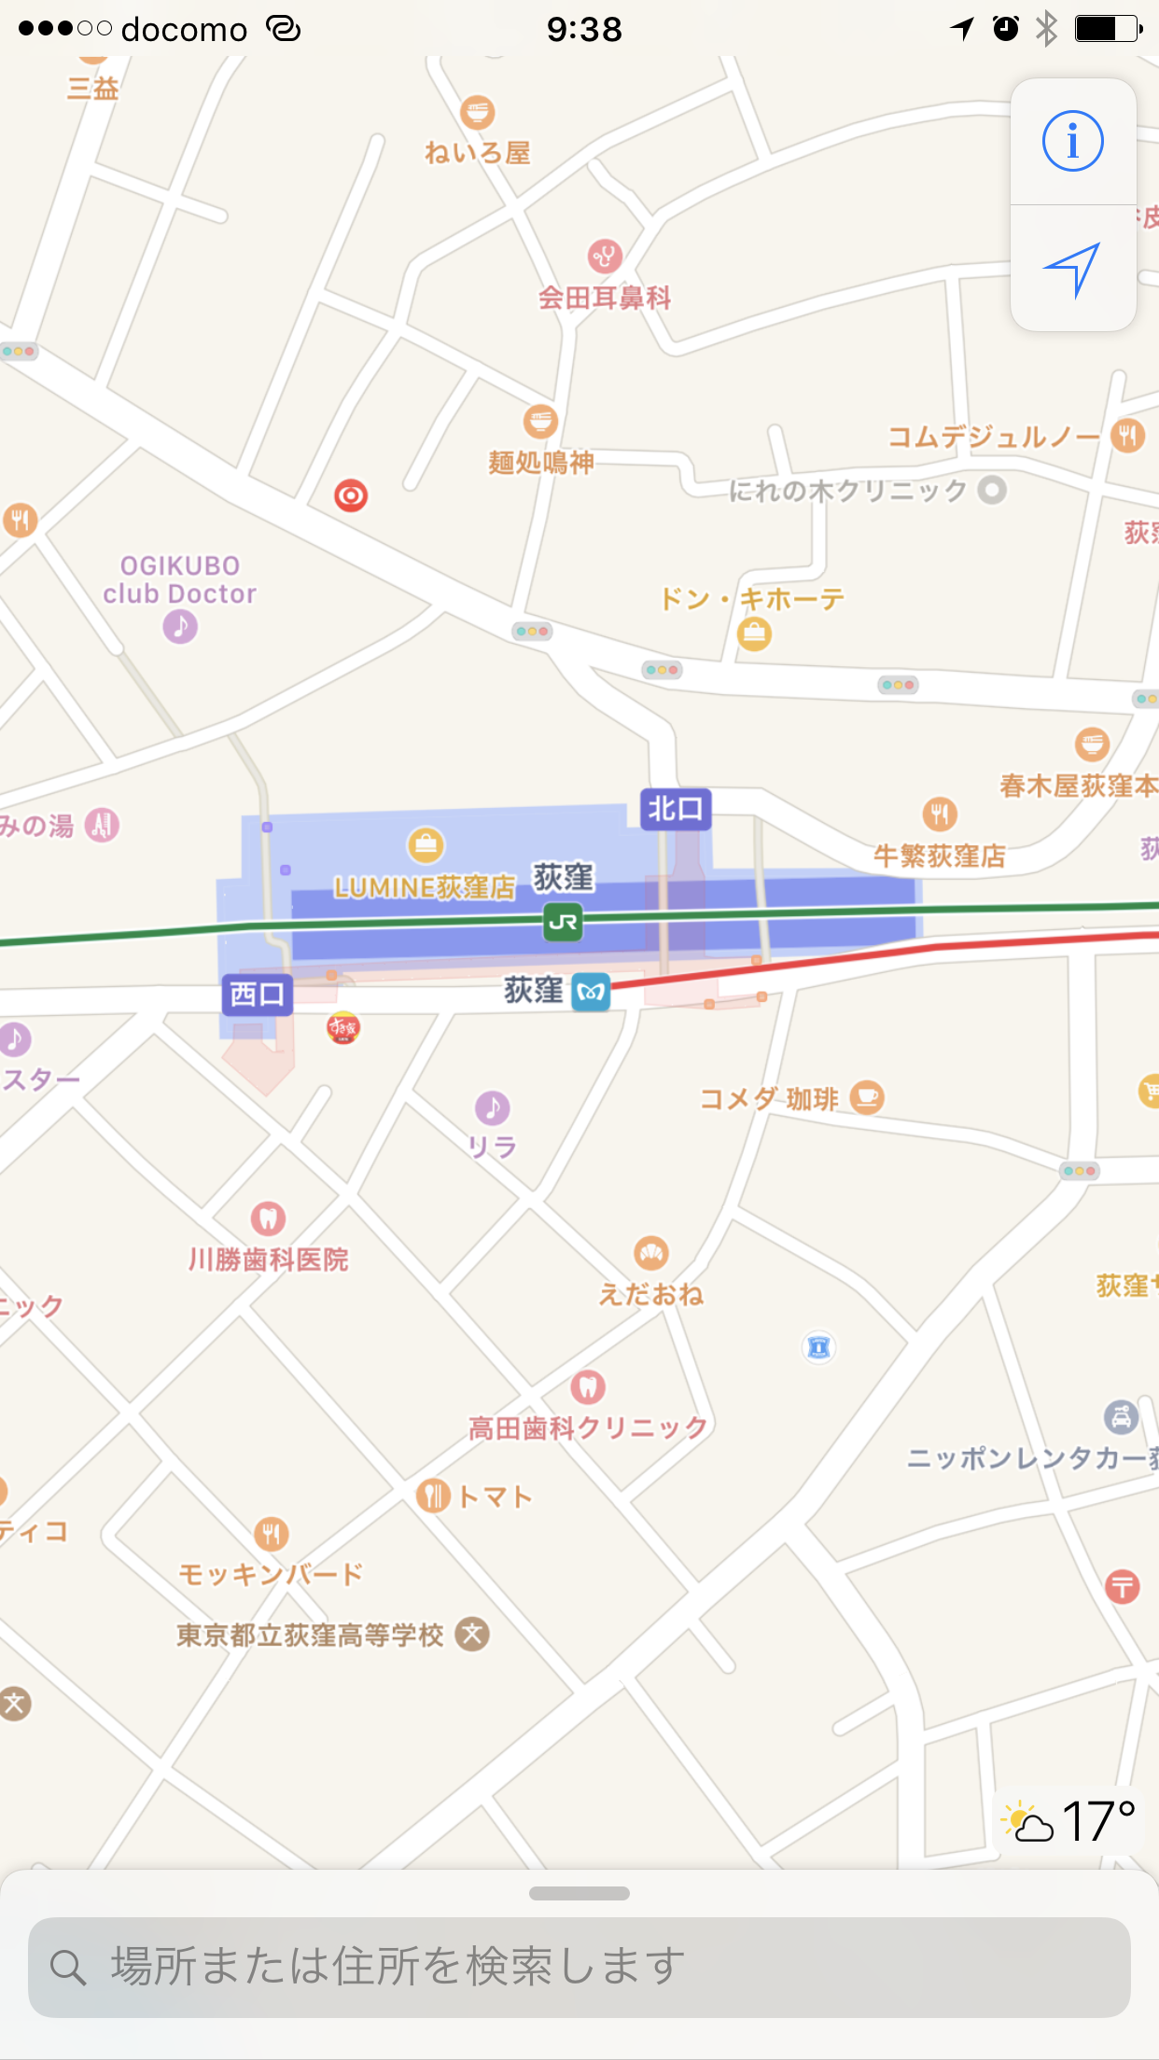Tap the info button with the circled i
pos(1073,142)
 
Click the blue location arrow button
pos(1073,269)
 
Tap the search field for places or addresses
pos(579,1967)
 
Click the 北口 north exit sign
pos(676,809)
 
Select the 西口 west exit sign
pos(258,995)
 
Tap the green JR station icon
pos(564,922)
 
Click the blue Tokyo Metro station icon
pos(591,993)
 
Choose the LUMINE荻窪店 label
pos(425,886)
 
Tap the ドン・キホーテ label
pos(752,599)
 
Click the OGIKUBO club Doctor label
pos(180,579)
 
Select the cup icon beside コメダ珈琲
pos(867,1097)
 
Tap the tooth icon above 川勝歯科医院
pos(268,1218)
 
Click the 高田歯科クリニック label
pos(588,1427)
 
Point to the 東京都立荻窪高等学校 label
pos(310,1635)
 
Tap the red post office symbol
pos(1122,1586)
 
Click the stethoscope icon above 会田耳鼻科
pos(605,256)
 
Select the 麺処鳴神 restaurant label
pos(541,463)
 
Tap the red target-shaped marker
pos(351,495)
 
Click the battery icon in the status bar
pos(1107,29)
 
